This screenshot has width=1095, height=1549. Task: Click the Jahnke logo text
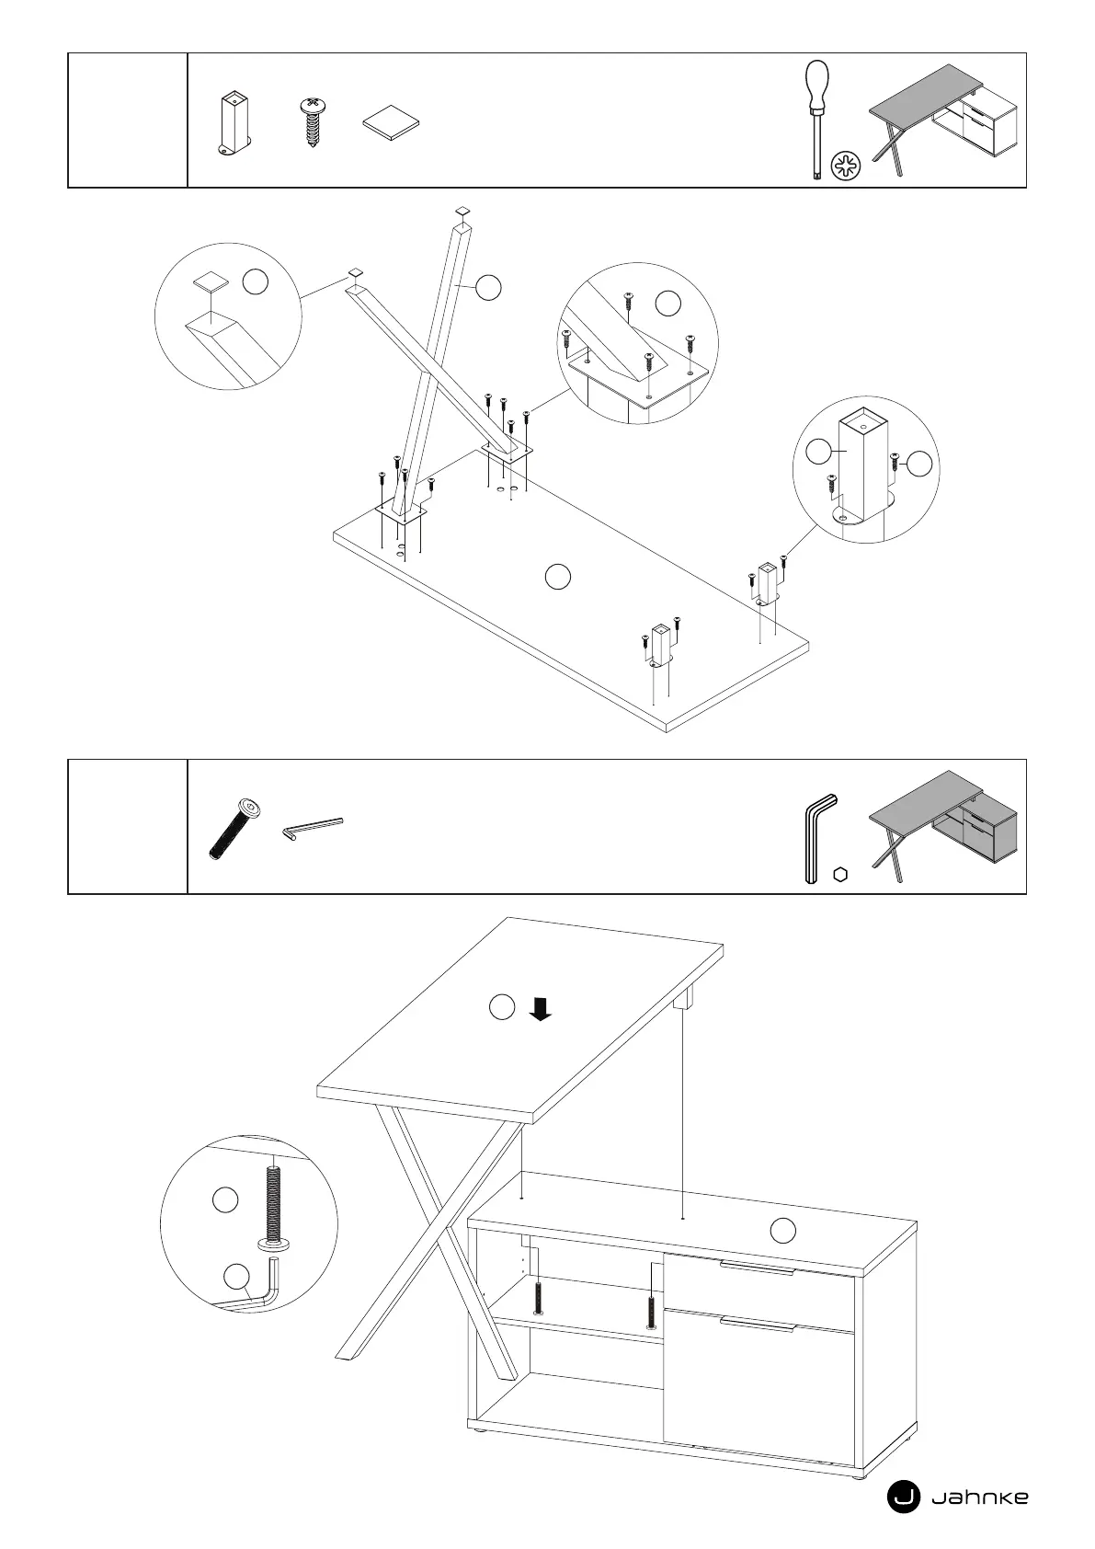[x=980, y=1497]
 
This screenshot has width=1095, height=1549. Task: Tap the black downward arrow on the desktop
[x=541, y=1010]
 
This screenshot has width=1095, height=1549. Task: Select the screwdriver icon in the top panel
[x=815, y=120]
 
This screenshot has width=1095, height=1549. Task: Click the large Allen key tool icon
[x=816, y=839]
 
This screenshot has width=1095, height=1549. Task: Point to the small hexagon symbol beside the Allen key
[x=839, y=875]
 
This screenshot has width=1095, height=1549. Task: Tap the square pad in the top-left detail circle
[x=210, y=282]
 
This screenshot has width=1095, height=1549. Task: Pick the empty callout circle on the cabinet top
[x=782, y=1230]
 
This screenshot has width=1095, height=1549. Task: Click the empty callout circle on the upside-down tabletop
[x=558, y=577]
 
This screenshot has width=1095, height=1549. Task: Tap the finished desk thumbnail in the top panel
[x=943, y=120]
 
